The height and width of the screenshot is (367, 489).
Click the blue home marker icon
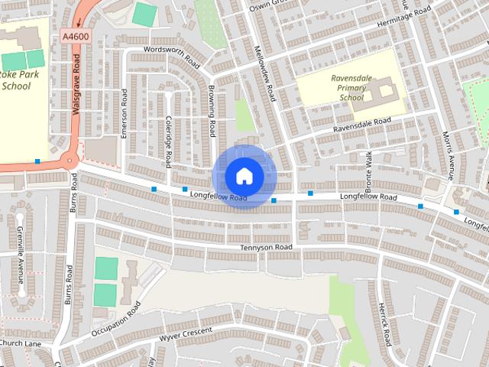(243, 176)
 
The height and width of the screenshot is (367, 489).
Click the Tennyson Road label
(267, 248)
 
